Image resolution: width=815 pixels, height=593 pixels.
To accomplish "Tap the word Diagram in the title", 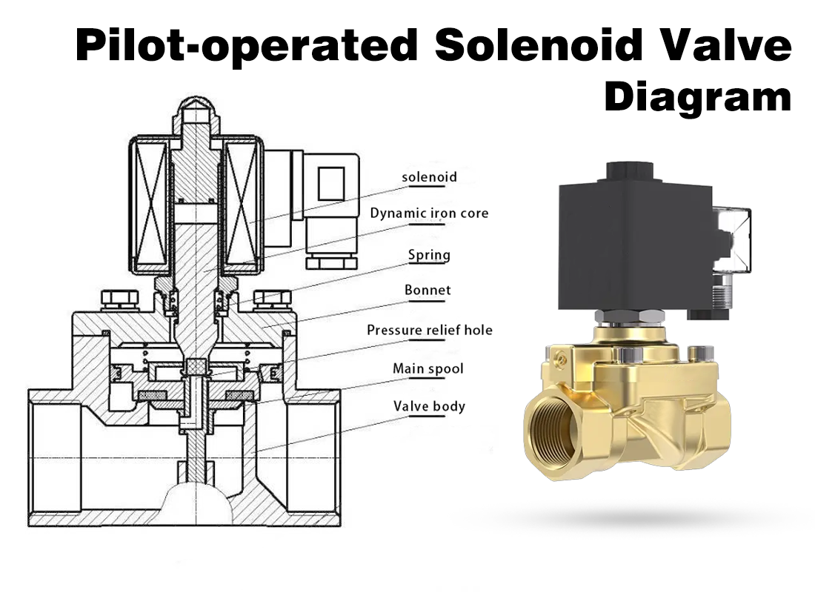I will [x=697, y=97].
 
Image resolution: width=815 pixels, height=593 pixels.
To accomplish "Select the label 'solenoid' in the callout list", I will [x=429, y=177].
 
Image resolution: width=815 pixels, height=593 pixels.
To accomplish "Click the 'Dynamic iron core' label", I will [x=429, y=213].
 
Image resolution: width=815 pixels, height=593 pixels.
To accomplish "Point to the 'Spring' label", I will [x=429, y=255].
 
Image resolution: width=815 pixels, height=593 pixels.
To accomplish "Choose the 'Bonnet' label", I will [x=428, y=290].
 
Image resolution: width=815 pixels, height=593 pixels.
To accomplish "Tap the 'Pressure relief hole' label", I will [x=429, y=330].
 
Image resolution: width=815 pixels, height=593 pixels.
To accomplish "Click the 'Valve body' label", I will [x=429, y=406].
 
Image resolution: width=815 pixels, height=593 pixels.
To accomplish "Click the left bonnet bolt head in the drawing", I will [x=115, y=300].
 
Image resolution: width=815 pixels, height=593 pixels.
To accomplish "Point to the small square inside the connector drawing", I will [x=330, y=182].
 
